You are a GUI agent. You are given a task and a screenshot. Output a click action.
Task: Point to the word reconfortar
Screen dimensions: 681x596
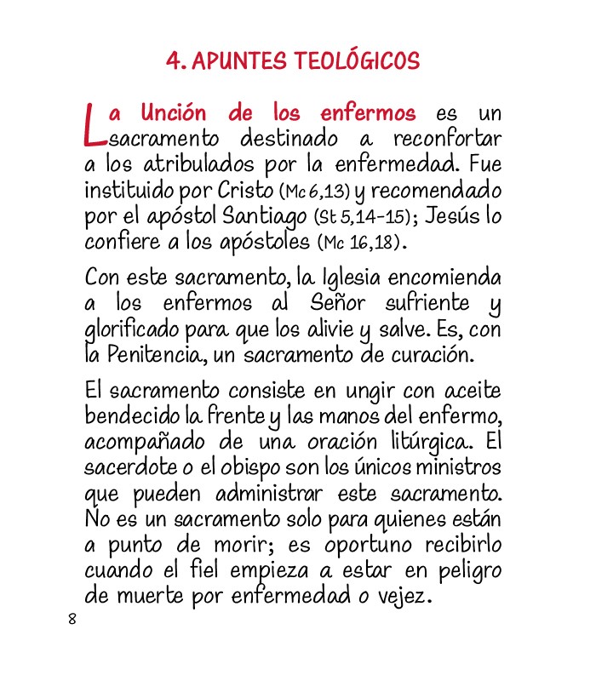(447, 137)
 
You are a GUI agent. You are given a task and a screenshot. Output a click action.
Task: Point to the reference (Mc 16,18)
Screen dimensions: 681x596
(358, 242)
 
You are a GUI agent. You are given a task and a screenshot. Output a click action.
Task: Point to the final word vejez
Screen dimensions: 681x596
(400, 596)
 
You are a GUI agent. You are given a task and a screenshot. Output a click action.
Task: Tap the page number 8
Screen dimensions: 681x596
(72, 619)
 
